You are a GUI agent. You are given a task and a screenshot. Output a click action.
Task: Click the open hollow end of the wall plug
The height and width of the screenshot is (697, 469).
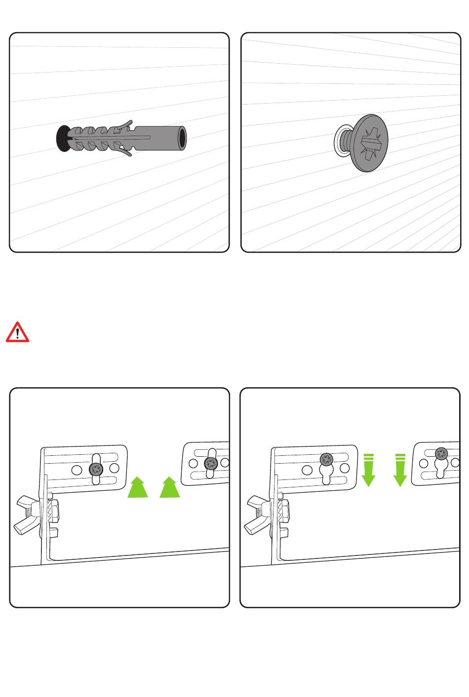tap(182, 138)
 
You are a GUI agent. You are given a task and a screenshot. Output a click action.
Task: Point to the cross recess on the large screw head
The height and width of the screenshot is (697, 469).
tap(370, 143)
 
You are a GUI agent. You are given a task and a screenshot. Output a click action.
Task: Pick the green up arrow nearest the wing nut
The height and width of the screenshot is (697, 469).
tap(138, 487)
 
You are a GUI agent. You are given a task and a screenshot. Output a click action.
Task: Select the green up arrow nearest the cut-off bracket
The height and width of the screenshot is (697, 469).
tap(169, 487)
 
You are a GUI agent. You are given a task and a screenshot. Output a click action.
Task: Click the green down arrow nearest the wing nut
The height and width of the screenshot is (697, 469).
tap(368, 469)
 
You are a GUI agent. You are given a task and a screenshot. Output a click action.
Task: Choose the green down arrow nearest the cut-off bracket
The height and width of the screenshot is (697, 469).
tap(400, 469)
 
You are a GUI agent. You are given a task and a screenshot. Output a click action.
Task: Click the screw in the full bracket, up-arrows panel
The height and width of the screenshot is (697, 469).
tap(96, 468)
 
